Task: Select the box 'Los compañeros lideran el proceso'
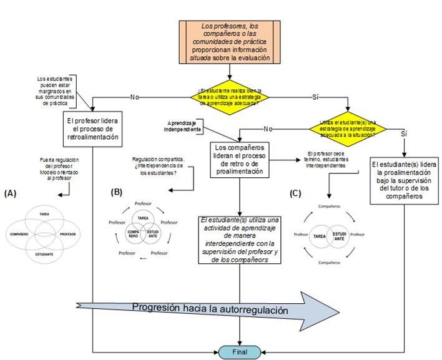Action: point(240,160)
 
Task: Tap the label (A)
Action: point(10,193)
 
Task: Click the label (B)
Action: point(116,193)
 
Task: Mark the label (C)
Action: point(296,193)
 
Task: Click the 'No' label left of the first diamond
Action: point(134,97)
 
